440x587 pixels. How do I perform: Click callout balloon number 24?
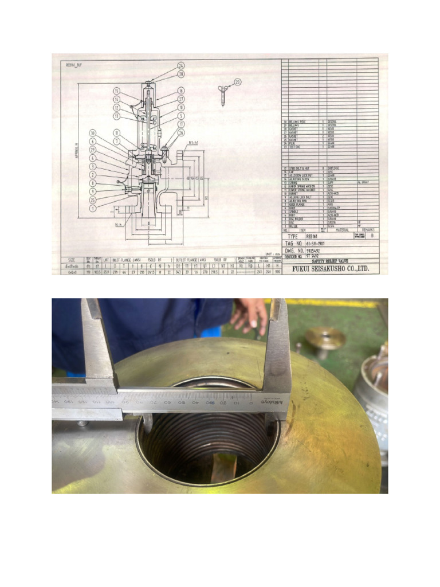click(181, 66)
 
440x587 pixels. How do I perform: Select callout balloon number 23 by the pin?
click(238, 81)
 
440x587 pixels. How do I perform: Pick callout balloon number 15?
click(116, 91)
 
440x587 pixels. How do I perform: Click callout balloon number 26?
click(181, 132)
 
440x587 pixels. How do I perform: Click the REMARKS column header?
click(367, 230)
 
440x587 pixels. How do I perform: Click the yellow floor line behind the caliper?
click(332, 302)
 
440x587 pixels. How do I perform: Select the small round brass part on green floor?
click(324, 338)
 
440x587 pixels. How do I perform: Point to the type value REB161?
click(312, 235)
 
